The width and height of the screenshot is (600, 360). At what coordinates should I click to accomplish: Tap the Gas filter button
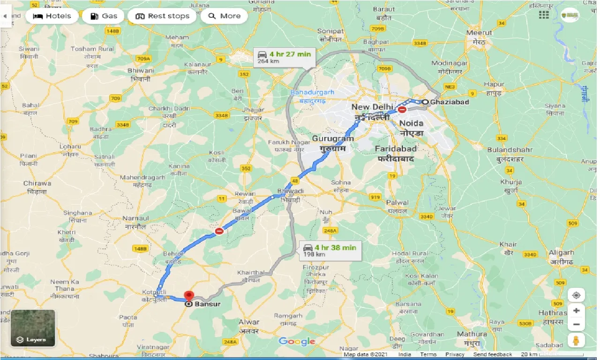point(103,16)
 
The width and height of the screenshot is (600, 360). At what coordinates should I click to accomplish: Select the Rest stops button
point(162,16)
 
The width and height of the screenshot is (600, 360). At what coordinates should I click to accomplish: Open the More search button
point(224,16)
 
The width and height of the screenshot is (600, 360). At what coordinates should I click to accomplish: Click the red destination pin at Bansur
point(189,296)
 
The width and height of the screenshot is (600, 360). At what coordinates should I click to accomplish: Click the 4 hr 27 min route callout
point(285,57)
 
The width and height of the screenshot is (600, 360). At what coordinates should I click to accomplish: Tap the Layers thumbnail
point(32,328)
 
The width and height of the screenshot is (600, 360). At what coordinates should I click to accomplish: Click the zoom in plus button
point(576,310)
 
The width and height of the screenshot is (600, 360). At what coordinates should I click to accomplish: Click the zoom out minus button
point(576,324)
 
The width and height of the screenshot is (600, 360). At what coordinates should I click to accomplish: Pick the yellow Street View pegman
point(576,341)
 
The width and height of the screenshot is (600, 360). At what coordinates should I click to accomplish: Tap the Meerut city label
point(479,33)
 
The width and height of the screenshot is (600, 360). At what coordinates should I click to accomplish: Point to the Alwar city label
point(248,322)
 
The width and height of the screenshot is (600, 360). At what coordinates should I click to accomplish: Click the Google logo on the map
point(297,342)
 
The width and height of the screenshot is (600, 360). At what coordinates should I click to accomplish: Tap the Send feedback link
point(492,355)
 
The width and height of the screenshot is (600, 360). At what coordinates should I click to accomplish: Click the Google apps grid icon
point(544,15)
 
